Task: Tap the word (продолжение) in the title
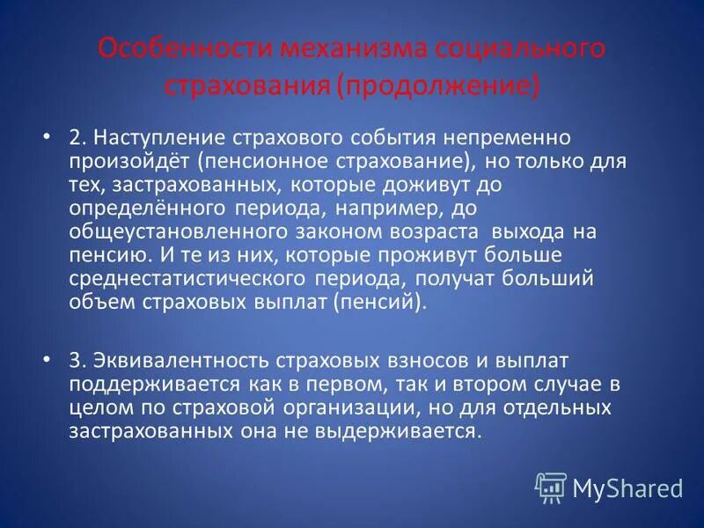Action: (x=442, y=87)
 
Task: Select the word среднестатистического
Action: (x=186, y=279)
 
